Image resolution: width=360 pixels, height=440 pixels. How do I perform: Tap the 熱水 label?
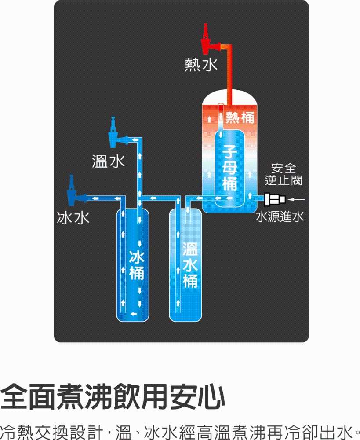pyautogui.click(x=200, y=65)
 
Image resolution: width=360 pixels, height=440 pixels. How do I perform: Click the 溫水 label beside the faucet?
pyautogui.click(x=108, y=161)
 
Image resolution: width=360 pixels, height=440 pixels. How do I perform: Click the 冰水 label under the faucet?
pyautogui.click(x=73, y=217)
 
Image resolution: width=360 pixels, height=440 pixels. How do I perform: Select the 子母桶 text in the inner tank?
pyautogui.click(x=229, y=167)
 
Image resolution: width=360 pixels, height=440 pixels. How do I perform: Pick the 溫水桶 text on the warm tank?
pyautogui.click(x=190, y=264)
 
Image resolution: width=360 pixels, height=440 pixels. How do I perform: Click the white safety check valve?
pyautogui.click(x=275, y=200)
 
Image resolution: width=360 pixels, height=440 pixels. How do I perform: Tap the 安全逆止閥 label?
pyautogui.click(x=284, y=174)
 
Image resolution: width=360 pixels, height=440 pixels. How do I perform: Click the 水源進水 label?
pyautogui.click(x=280, y=216)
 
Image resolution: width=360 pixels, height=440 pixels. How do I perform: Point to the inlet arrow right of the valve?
pyautogui.click(x=297, y=200)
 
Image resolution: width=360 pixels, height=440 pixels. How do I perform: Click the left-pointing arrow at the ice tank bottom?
pyautogui.click(x=133, y=313)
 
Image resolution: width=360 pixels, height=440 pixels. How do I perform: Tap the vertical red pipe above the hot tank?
pyautogui.click(x=229, y=75)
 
